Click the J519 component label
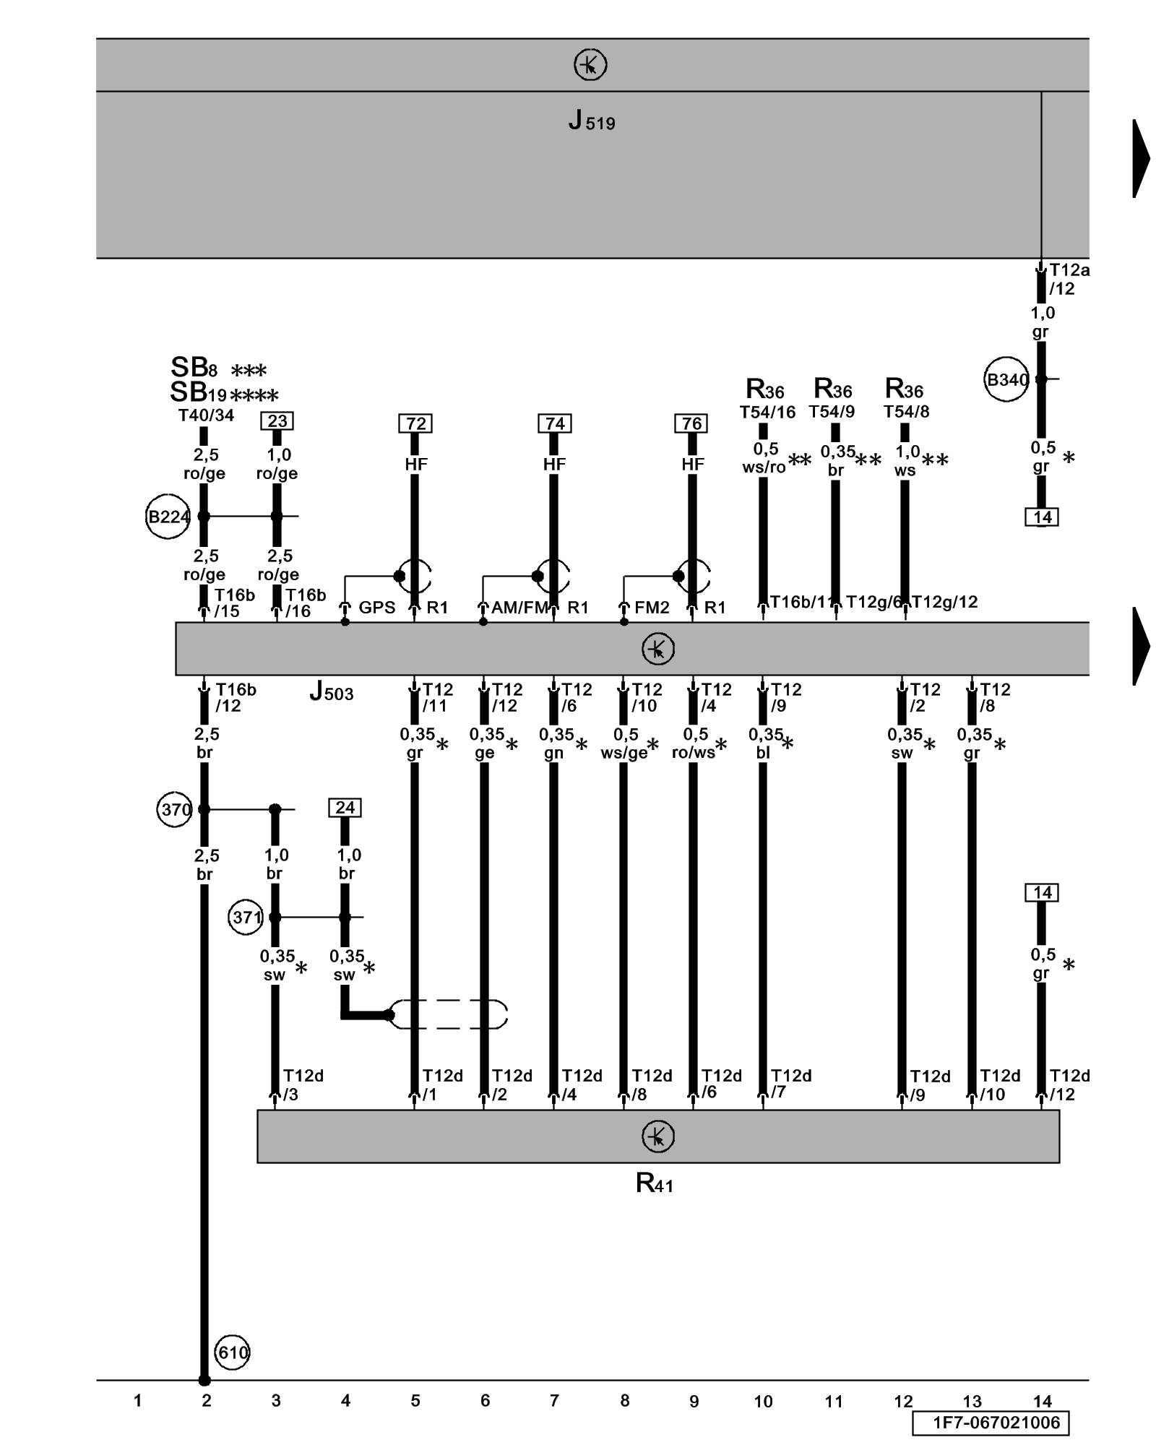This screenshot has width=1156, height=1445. coord(591,121)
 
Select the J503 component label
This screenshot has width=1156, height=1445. coord(332,692)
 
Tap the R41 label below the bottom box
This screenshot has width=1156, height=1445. coord(654,1183)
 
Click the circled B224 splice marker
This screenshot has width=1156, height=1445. coord(168,517)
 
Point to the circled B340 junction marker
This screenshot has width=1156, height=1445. coord(1006,379)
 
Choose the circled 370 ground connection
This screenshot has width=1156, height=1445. coord(174,809)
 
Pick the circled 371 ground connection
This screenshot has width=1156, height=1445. coord(246,918)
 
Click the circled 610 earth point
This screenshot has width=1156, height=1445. coord(232,1352)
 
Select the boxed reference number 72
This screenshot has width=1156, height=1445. coord(415,423)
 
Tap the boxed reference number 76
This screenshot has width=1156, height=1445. coord(691,423)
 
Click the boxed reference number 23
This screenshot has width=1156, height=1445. coord(277,420)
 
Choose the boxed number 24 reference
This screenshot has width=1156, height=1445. coord(345,807)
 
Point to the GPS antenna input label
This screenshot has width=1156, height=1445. coord(376,608)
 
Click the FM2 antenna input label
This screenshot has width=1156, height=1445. coord(652,608)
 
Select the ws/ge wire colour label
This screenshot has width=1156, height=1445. coord(624,753)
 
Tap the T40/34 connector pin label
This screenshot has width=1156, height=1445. coord(206,415)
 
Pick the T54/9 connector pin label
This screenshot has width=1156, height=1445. coord(832,412)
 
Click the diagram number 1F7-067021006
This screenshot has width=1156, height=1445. coord(995,1423)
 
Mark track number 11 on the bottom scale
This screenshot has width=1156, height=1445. coord(833,1402)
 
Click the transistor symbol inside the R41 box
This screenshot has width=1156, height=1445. coord(657,1136)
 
